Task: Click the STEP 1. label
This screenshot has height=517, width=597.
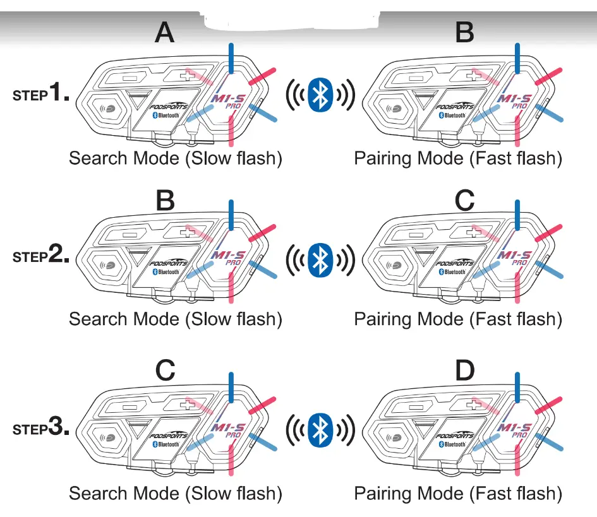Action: [x=41, y=95]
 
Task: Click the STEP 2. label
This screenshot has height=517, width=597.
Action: [x=41, y=256]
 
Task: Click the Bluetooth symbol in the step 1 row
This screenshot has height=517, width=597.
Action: [x=320, y=95]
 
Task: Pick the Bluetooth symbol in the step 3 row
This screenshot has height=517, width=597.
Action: [x=320, y=429]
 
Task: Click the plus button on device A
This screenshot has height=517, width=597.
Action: [x=186, y=76]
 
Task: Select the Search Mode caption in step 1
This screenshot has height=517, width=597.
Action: [x=175, y=158]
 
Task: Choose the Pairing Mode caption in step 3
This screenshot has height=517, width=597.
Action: [x=458, y=492]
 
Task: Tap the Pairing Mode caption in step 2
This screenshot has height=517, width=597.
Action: [x=458, y=319]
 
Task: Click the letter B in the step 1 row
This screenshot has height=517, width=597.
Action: [x=464, y=32]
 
